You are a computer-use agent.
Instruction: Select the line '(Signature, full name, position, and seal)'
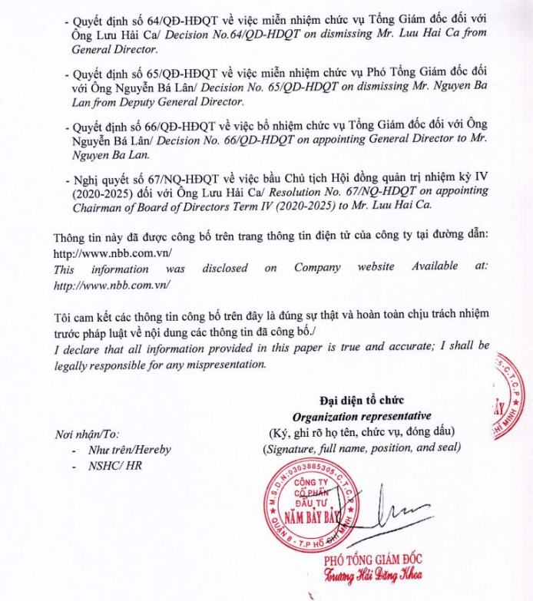(361, 447)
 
